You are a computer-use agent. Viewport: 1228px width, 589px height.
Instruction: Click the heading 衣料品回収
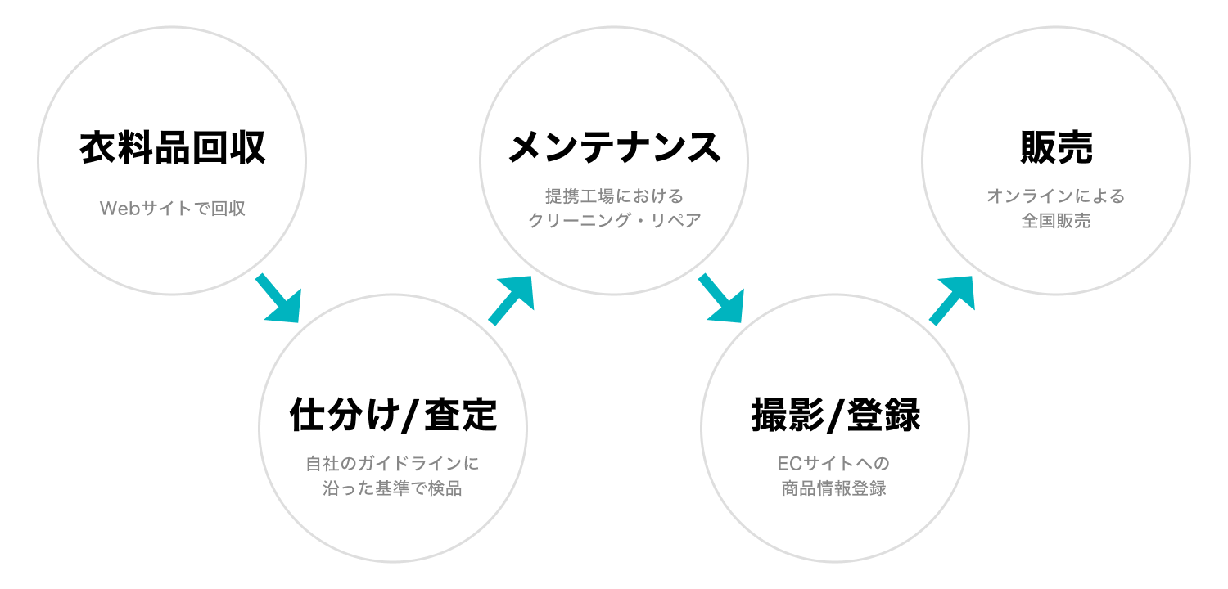tap(172, 149)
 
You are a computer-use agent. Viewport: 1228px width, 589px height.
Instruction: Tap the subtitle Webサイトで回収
tap(172, 209)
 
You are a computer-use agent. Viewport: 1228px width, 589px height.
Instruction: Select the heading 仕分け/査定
tap(393, 416)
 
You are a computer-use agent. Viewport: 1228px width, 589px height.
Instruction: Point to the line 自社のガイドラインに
tap(392, 464)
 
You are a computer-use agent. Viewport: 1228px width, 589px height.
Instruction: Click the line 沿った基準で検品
tap(392, 489)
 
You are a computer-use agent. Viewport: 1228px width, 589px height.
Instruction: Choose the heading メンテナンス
tap(614, 148)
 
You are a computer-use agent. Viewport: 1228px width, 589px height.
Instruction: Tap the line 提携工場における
tap(614, 196)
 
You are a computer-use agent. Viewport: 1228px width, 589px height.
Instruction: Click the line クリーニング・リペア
tap(614, 221)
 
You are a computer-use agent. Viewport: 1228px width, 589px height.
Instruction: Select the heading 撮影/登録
tap(835, 416)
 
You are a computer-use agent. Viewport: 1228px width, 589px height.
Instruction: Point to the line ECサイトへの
tap(834, 464)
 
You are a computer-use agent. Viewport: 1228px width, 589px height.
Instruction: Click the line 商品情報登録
tap(834, 489)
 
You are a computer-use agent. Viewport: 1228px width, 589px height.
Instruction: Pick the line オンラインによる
tap(1056, 196)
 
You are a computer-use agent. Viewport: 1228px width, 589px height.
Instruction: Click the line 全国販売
tap(1056, 221)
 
